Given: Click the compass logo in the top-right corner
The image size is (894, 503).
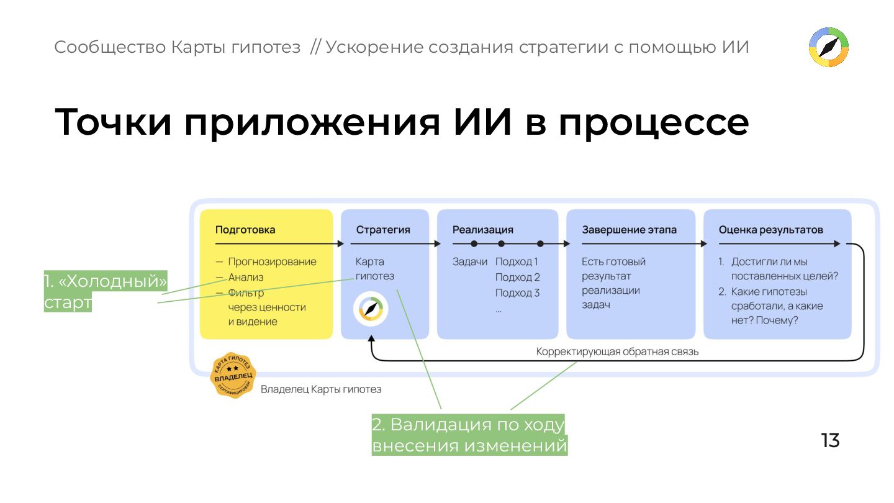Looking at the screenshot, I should pos(829,47).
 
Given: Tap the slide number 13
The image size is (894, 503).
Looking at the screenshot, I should pos(830,440).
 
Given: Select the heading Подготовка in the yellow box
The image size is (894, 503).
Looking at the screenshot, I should pos(245,230).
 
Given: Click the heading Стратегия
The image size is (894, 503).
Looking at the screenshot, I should pos(383,230).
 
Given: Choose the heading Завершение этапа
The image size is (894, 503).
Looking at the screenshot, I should pos(629,230).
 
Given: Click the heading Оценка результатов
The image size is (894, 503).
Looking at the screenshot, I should pos(770,230).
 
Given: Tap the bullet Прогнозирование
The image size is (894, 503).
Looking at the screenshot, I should pos(272,262).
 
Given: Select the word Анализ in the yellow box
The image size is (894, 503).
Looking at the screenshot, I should pos(246,278).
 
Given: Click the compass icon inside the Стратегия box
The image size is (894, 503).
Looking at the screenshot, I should pos(371,309).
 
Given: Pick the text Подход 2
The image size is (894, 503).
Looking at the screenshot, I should pos(517,278).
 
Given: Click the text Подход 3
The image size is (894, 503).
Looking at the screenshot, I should pos(517,293).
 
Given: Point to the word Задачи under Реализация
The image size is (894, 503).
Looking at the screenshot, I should pos(470,262).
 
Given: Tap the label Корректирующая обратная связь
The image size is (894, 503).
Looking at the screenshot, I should pos(617,352).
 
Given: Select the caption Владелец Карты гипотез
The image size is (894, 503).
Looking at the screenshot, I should pos(321,390).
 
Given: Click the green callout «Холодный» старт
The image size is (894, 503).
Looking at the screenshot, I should pos(106,292).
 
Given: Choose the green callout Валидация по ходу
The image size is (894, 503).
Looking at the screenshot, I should pos(469,435).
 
